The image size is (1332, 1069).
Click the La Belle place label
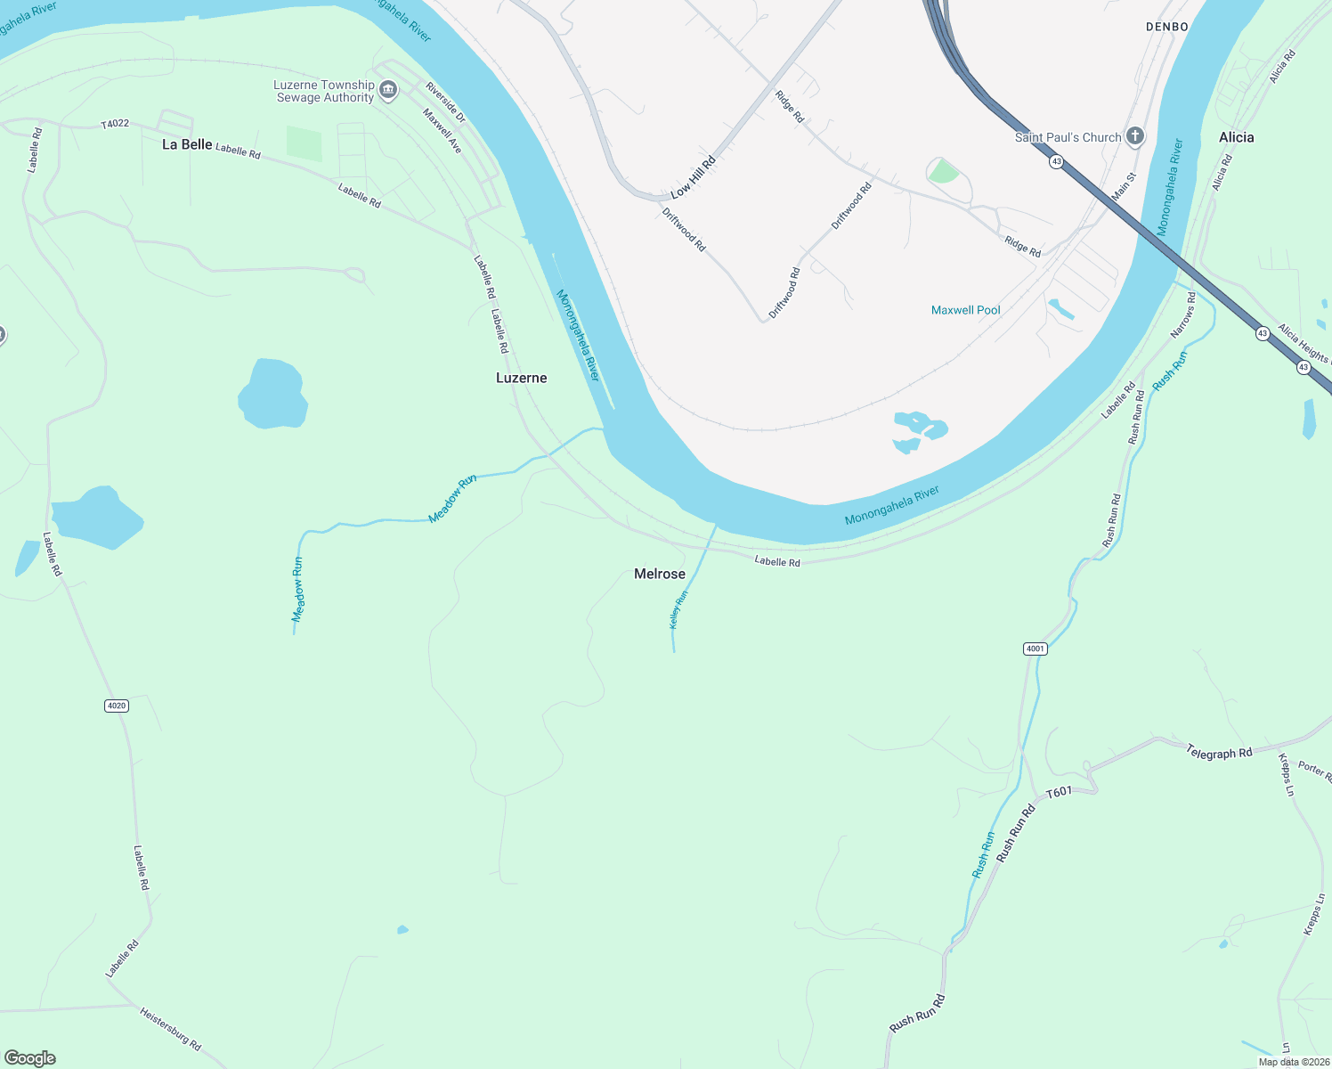click(x=187, y=144)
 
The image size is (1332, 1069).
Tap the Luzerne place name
click(x=522, y=378)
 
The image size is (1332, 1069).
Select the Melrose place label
click(x=660, y=574)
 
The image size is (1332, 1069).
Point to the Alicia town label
click(x=1236, y=137)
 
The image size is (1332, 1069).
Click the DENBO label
click(x=1166, y=27)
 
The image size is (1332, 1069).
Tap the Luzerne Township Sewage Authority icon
click(x=388, y=89)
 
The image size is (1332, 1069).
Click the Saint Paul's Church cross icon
click(x=1134, y=136)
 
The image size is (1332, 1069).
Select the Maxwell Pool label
click(x=965, y=310)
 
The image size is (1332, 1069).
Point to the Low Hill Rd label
click(x=694, y=178)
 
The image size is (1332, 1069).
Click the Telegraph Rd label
click(x=1219, y=753)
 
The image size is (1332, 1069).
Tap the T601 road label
click(x=1059, y=792)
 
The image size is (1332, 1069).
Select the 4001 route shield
click(x=1035, y=649)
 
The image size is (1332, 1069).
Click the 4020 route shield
click(x=117, y=706)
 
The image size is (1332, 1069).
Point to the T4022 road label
click(x=115, y=124)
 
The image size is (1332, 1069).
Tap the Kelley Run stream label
click(x=678, y=609)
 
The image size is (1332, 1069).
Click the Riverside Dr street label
click(x=444, y=102)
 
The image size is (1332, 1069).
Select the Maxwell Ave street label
click(x=443, y=131)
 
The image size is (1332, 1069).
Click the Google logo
click(x=30, y=1058)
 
